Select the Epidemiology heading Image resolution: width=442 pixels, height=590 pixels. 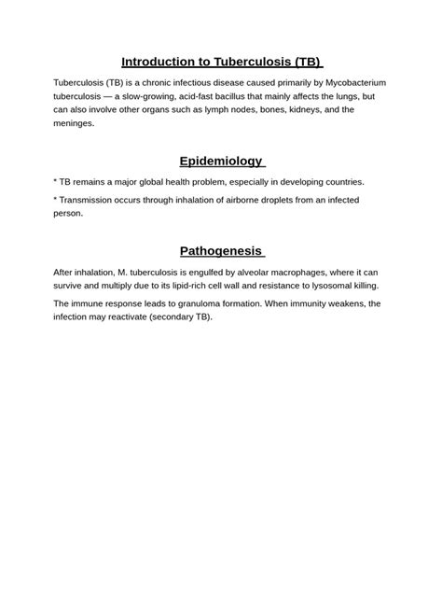click(220, 161)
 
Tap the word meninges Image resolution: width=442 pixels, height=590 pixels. click(74, 122)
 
